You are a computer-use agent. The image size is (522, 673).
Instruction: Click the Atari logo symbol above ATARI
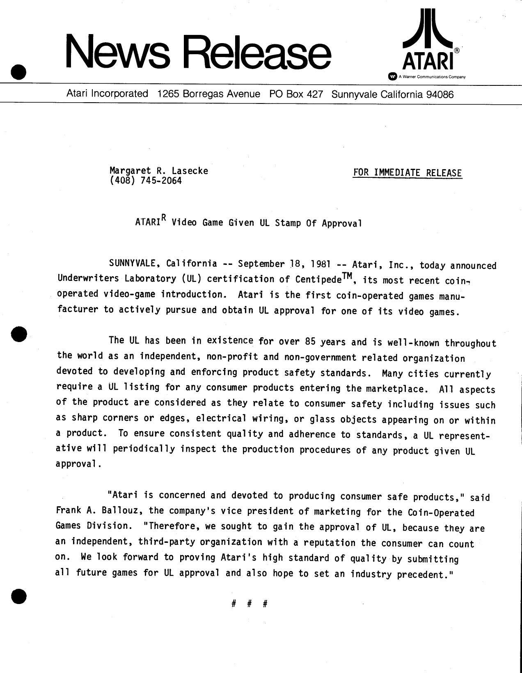click(428, 28)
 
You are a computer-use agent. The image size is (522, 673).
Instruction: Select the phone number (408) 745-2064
click(145, 181)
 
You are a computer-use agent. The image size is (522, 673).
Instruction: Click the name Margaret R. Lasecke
click(158, 170)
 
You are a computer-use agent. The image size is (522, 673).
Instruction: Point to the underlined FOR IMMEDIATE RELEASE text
click(407, 173)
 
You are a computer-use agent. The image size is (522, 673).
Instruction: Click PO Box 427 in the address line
click(296, 94)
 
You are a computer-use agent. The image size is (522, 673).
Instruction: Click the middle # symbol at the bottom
click(249, 604)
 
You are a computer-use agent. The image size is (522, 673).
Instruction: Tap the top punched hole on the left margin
click(18, 72)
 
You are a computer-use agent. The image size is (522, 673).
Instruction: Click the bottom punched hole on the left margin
click(18, 596)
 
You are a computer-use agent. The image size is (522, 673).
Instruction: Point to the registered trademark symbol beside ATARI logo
click(457, 50)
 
